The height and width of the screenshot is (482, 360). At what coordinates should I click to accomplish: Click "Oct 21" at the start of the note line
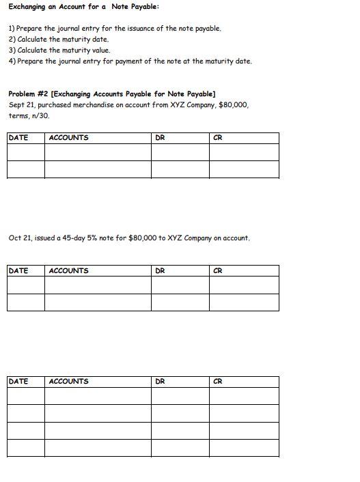(20, 238)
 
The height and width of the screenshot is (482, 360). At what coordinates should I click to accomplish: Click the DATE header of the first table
(18, 138)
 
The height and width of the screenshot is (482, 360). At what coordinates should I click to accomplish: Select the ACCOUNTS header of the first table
(68, 138)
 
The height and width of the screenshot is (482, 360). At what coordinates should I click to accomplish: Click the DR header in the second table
(160, 271)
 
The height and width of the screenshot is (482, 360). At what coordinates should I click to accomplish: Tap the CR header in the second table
(218, 271)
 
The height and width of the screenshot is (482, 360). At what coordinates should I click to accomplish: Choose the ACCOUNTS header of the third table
(68, 382)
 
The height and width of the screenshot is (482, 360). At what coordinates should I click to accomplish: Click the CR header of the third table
(218, 382)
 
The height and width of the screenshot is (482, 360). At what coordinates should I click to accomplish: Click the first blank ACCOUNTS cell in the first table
(98, 152)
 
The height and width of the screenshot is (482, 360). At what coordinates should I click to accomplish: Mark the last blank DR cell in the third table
(180, 448)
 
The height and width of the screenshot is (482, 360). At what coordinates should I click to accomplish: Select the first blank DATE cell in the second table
(26, 285)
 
